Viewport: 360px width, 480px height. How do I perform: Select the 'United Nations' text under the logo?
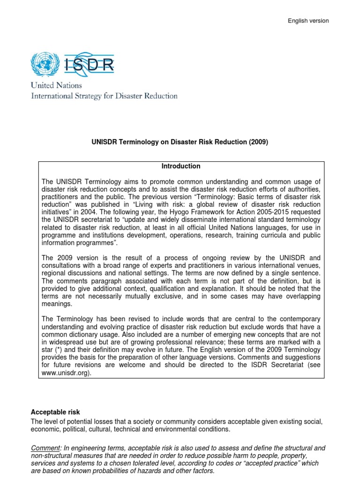[56, 85]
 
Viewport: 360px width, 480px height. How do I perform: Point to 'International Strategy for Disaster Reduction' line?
[104, 96]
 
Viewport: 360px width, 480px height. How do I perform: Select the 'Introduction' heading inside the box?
[181, 166]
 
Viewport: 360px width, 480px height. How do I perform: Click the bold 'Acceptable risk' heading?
[55, 412]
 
